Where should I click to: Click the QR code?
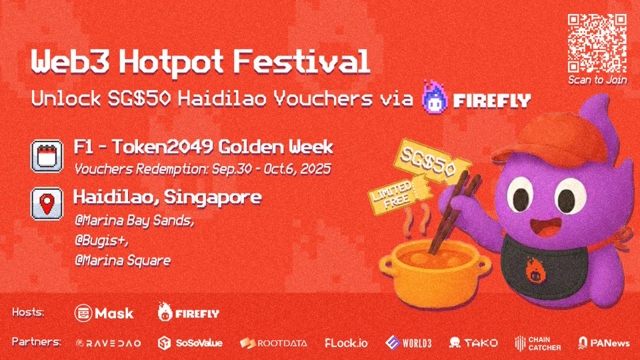(x=597, y=43)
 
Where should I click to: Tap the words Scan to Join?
(x=597, y=80)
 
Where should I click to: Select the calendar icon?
(x=43, y=155)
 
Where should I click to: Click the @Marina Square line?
(x=123, y=261)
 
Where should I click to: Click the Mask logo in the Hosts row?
(x=104, y=313)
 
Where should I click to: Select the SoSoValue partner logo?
(x=190, y=343)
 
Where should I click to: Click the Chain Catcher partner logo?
(x=538, y=343)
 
